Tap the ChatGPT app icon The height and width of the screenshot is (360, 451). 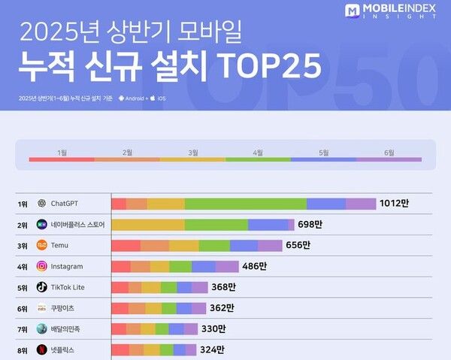point(42,204)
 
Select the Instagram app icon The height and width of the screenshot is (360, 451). point(42,266)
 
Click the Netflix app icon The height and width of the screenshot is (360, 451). point(42,349)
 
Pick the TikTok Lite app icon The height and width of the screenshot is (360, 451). point(42,287)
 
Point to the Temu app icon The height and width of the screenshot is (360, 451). point(42,245)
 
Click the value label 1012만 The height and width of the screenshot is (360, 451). point(394,204)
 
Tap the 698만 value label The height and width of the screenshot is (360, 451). point(309,225)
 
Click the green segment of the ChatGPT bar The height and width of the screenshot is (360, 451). point(245,204)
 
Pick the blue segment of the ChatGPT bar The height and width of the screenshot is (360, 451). point(325,204)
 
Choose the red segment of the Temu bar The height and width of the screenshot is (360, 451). point(126,245)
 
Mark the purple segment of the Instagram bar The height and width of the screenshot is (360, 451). point(226,266)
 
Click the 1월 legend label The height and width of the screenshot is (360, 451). point(62,153)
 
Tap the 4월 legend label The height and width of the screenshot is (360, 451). point(258,153)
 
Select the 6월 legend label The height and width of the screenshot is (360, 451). point(389,153)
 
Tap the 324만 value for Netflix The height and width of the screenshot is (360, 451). point(213,349)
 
